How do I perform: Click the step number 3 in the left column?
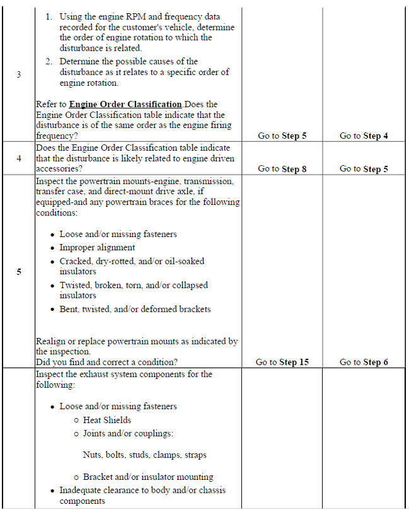pyautogui.click(x=18, y=74)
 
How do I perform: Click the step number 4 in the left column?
pyautogui.click(x=18, y=158)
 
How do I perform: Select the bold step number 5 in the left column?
pyautogui.click(x=18, y=272)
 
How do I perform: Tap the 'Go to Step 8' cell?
pyautogui.click(x=282, y=169)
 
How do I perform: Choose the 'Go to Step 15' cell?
pyautogui.click(x=282, y=363)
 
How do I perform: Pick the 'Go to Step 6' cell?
pyautogui.click(x=364, y=363)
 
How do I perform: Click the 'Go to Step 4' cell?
pyautogui.click(x=364, y=136)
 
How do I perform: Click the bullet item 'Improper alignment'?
pyautogui.click(x=97, y=248)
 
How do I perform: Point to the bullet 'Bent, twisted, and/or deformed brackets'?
pyautogui.click(x=135, y=309)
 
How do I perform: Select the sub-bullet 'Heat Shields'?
pyautogui.click(x=107, y=420)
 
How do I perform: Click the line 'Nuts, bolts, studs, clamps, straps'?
pyautogui.click(x=144, y=455)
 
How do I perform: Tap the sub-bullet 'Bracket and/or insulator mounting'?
pyautogui.click(x=148, y=477)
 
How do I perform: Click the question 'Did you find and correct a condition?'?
pyautogui.click(x=107, y=363)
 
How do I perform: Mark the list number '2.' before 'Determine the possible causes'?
pyautogui.click(x=49, y=61)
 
